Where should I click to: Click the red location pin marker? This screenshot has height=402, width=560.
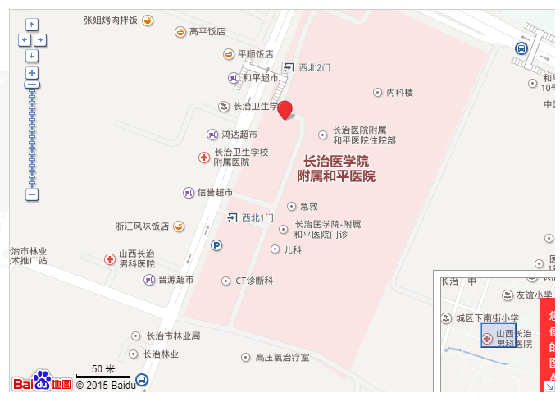[x=285, y=111]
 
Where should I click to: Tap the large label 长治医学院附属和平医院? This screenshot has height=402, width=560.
[x=336, y=168]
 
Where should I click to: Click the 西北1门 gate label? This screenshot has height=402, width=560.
[x=257, y=217]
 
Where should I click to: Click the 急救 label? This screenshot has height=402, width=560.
[x=308, y=206]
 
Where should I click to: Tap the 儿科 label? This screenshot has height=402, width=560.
[x=293, y=249]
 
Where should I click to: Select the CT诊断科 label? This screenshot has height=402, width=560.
[x=254, y=281]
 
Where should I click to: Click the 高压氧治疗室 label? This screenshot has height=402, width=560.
[x=282, y=358]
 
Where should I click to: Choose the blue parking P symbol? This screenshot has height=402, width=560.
[x=217, y=244]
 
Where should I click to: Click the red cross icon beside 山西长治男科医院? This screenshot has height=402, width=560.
[x=110, y=259]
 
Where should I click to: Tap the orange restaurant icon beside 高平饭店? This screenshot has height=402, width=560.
[x=180, y=32]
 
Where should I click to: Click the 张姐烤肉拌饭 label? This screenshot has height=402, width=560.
[x=111, y=20]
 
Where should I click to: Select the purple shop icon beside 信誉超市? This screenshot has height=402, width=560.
[x=189, y=193]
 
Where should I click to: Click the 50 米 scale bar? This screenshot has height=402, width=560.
[x=103, y=374]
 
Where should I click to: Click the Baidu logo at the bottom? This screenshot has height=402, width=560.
[x=42, y=382]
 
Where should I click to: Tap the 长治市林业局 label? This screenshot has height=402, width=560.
[x=173, y=336]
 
